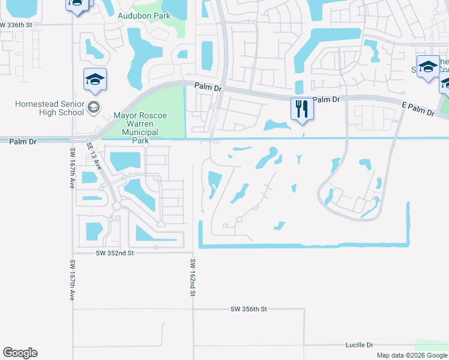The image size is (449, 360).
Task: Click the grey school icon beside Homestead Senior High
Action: [x=93, y=107]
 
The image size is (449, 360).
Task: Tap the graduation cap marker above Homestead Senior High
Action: [x=95, y=80]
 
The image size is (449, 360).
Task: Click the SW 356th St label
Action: [x=248, y=309]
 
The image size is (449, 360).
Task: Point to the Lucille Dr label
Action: [x=360, y=345]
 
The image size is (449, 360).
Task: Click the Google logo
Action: [x=20, y=353]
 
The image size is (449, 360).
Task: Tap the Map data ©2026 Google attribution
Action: [x=412, y=355]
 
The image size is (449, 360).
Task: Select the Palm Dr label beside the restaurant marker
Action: [x=327, y=99]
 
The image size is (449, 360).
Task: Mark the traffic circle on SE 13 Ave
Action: [x=118, y=206]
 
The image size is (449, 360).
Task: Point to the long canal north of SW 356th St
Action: [x=300, y=245]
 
